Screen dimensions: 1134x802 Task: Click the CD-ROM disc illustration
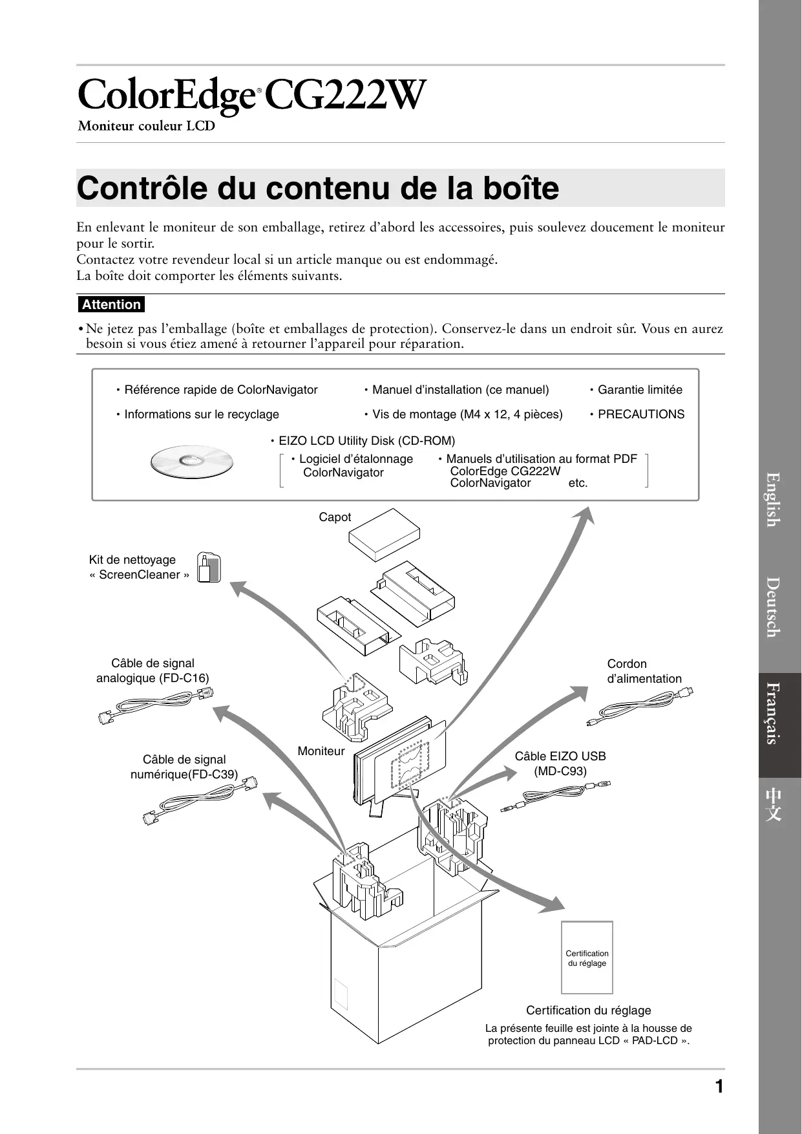click(x=191, y=462)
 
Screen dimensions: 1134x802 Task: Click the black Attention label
click(x=111, y=305)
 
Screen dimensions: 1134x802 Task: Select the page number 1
click(x=719, y=1087)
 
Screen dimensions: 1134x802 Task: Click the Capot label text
click(x=335, y=517)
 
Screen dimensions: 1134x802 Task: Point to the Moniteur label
click(x=321, y=751)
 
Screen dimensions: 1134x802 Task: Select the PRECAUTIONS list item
click(x=640, y=414)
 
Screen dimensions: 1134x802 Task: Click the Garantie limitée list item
click(x=639, y=390)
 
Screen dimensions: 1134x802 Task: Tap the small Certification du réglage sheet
click(x=587, y=957)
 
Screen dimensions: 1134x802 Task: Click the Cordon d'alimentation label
click(x=644, y=671)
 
